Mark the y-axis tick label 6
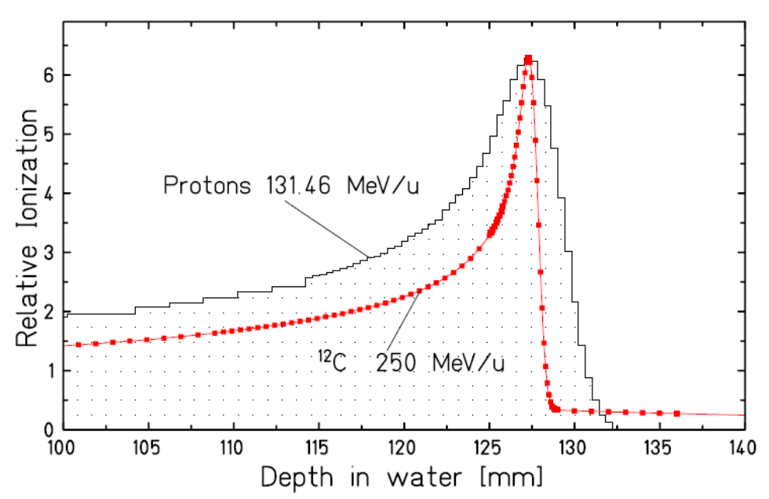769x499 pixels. [x=48, y=75]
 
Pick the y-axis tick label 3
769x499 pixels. [x=48, y=253]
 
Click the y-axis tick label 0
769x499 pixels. [x=48, y=430]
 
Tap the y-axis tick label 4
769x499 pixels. [x=48, y=194]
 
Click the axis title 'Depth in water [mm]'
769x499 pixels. [x=405, y=477]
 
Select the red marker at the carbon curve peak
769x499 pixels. [x=528, y=60]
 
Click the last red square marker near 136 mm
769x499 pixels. [x=676, y=413]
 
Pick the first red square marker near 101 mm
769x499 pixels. [x=78, y=344]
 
